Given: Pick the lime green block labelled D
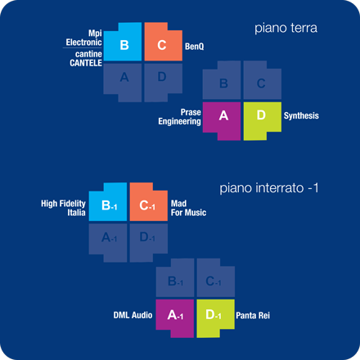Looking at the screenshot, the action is click(x=261, y=119).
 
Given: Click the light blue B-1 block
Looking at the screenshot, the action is click(x=109, y=204).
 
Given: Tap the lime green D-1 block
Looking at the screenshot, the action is click(x=214, y=317).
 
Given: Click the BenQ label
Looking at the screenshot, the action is click(x=195, y=47).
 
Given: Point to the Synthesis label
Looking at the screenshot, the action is click(x=301, y=115).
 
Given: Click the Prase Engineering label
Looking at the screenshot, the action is click(x=180, y=117).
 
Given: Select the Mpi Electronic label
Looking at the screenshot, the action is click(x=84, y=38).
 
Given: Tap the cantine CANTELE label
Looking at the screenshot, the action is click(x=86, y=58).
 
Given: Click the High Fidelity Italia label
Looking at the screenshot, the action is click(x=63, y=208).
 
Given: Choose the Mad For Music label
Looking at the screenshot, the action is click(x=188, y=208).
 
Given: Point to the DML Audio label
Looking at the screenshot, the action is click(x=133, y=315).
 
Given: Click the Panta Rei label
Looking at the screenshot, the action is click(x=253, y=316).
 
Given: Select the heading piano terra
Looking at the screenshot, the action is click(x=286, y=28).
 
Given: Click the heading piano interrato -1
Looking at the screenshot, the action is click(x=269, y=188).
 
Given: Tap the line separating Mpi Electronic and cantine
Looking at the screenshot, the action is click(x=83, y=48).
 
